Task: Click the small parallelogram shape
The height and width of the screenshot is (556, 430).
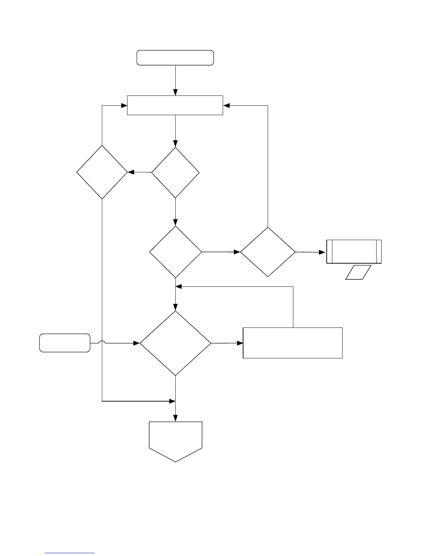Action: point(358,272)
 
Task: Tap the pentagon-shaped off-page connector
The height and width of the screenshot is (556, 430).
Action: point(175,441)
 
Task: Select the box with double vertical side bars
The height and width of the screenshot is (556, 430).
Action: point(354,252)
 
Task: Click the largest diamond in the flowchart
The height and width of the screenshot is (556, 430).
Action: point(175,343)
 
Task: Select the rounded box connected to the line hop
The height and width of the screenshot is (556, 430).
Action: point(65,343)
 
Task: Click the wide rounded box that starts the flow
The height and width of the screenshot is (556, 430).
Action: point(175,58)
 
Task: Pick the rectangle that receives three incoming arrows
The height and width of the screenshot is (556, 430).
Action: point(175,105)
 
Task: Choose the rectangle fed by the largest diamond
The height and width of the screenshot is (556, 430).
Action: point(292,343)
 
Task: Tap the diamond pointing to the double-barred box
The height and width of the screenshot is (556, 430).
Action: point(268,252)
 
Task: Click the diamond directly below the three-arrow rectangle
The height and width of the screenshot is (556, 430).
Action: point(175,173)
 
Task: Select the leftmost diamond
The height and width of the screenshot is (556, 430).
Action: point(102,172)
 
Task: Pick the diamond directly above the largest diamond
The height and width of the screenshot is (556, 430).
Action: point(175,252)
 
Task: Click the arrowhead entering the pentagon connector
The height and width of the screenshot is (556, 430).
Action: point(175,418)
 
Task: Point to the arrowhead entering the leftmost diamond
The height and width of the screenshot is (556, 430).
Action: point(131,172)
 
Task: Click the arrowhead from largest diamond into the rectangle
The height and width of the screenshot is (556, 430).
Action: point(240,343)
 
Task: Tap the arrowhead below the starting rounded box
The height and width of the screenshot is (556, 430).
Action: point(175,92)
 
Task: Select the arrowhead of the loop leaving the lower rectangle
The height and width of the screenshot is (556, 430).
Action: point(178,287)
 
